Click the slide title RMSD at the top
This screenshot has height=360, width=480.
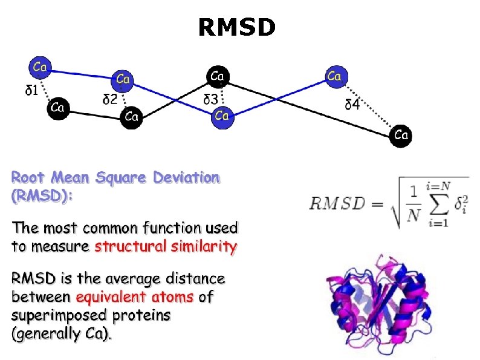pyautogui.click(x=237, y=27)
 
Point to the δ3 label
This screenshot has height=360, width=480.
pyautogui.click(x=211, y=99)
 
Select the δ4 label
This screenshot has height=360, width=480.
pyautogui.click(x=352, y=104)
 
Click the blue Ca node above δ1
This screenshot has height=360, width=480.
pyautogui.click(x=41, y=67)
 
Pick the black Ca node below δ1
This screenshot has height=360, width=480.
pyautogui.click(x=58, y=108)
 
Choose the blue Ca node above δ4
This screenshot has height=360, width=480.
pyautogui.click(x=334, y=76)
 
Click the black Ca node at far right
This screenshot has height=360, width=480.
pyautogui.click(x=401, y=135)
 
